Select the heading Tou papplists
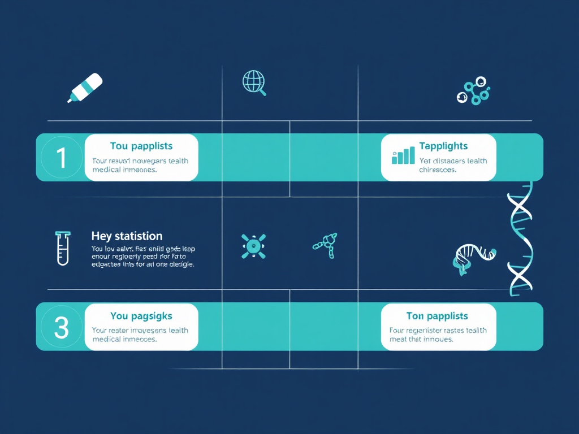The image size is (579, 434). coord(141,146)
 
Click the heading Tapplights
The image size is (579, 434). coord(443,146)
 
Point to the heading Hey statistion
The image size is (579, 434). coord(127,236)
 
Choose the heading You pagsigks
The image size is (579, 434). coord(141,316)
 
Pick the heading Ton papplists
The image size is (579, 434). coord(437,316)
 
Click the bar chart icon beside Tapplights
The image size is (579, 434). coord(403,155)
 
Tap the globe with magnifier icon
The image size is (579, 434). coord(253,82)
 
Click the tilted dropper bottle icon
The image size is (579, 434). coord(85,88)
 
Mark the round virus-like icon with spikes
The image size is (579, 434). coord(253,246)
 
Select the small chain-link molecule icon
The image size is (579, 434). coord(326,245)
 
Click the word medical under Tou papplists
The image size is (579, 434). coord(106,170)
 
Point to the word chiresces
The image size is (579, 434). coord(438,170)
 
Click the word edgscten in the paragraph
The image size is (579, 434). coord(107,264)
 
